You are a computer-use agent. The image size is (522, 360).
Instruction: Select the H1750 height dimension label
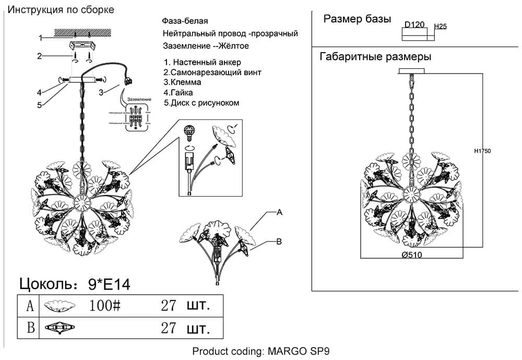(483, 151)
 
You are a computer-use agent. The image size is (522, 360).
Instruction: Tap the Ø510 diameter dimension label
(412, 255)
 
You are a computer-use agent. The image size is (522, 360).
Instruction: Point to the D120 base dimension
(414, 24)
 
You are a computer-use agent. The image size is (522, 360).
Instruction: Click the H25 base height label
(441, 26)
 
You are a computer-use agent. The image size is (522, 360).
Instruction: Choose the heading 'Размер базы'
(357, 19)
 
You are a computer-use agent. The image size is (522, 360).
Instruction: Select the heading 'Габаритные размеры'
(375, 56)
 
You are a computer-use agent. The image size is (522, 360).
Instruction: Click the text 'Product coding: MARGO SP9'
(261, 351)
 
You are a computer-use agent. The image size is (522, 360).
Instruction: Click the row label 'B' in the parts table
(31, 328)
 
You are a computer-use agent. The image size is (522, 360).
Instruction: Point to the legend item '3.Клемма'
(182, 82)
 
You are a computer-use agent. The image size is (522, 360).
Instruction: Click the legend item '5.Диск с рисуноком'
(201, 103)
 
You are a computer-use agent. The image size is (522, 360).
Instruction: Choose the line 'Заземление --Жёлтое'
(206, 46)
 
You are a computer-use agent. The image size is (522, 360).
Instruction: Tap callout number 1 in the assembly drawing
(40, 38)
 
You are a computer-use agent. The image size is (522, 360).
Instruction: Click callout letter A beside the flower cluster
(279, 212)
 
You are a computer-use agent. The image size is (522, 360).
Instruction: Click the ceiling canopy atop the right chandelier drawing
(412, 71)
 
